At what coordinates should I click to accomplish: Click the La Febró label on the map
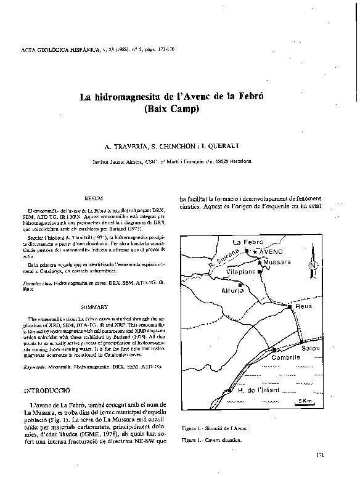point(248,242)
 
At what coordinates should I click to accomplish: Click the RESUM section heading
point(93,200)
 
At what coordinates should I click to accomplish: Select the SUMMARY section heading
point(94,306)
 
